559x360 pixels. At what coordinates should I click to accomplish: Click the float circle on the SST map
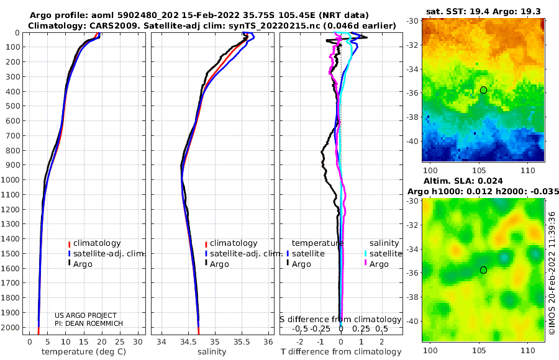(x=483, y=90)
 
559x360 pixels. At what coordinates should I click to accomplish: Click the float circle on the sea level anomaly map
(x=483, y=270)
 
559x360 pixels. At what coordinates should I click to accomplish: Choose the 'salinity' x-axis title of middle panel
(x=211, y=352)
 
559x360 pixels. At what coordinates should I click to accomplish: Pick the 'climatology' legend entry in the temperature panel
(x=97, y=243)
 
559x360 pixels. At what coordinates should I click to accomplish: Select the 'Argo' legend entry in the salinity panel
(x=220, y=264)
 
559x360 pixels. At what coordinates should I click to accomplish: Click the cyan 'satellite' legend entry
(x=386, y=254)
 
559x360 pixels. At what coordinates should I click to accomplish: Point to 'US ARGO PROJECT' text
(x=85, y=315)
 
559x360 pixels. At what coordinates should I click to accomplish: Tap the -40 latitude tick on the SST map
(x=412, y=141)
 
